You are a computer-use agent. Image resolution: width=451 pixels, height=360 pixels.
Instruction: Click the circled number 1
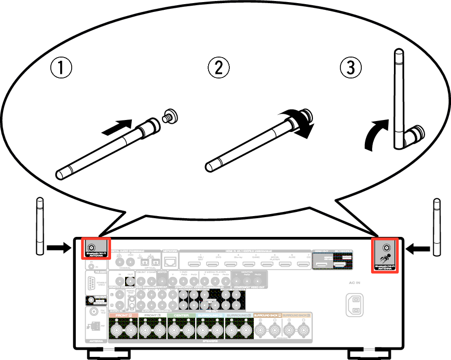click(61, 68)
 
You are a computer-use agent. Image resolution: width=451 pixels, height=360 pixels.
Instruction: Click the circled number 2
click(218, 68)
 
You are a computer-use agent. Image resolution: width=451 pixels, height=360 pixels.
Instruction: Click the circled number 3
click(351, 68)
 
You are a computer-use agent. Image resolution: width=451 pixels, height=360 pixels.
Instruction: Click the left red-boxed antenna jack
click(91, 248)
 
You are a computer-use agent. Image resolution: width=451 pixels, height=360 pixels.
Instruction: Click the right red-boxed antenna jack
click(386, 248)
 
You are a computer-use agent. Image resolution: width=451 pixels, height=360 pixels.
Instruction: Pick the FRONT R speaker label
click(124, 315)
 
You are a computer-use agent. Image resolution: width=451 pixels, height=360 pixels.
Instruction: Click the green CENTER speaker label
click(181, 315)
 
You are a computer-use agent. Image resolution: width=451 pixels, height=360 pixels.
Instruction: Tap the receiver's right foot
click(369, 354)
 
